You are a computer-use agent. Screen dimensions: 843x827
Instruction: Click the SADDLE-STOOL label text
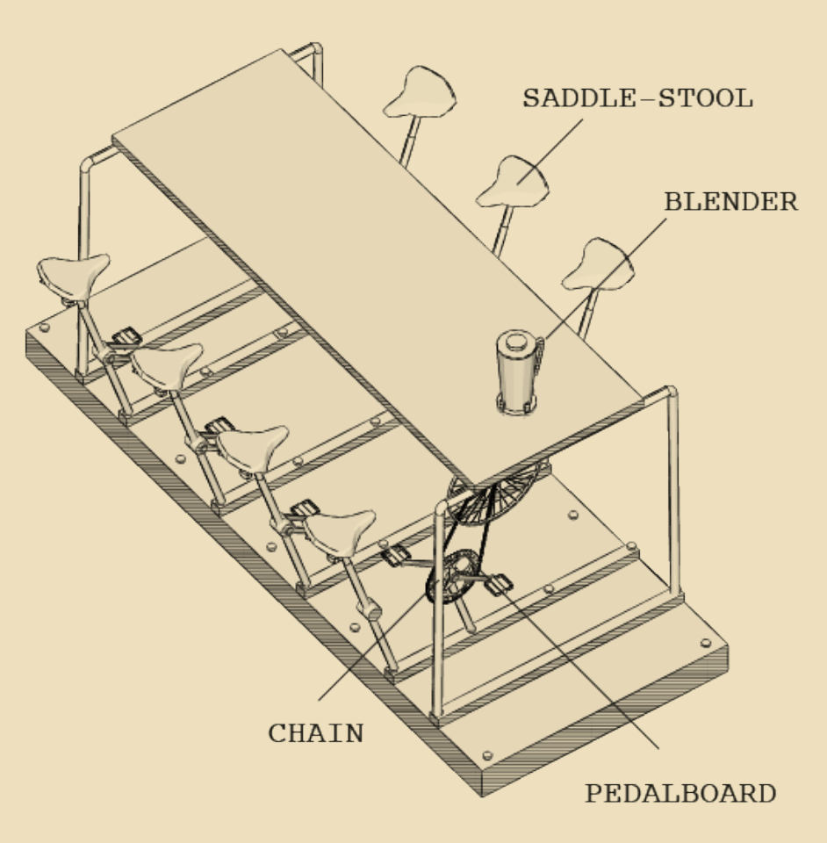click(x=637, y=99)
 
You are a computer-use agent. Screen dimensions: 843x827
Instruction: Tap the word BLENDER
click(x=730, y=202)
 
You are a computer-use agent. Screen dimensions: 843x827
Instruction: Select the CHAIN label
click(x=316, y=733)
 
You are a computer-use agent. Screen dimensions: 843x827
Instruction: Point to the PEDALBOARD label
click(x=680, y=793)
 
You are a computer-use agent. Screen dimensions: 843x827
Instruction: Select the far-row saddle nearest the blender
click(x=598, y=264)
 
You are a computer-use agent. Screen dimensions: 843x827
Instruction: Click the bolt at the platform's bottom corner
click(x=487, y=755)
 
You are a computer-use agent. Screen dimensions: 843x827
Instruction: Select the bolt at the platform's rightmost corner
click(x=705, y=644)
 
